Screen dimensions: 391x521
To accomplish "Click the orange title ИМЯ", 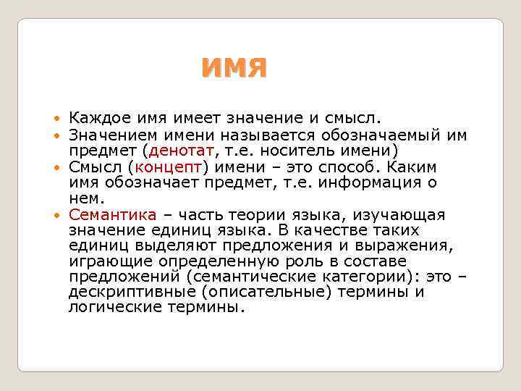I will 234,68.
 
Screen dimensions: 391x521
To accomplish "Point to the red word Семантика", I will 112,214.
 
